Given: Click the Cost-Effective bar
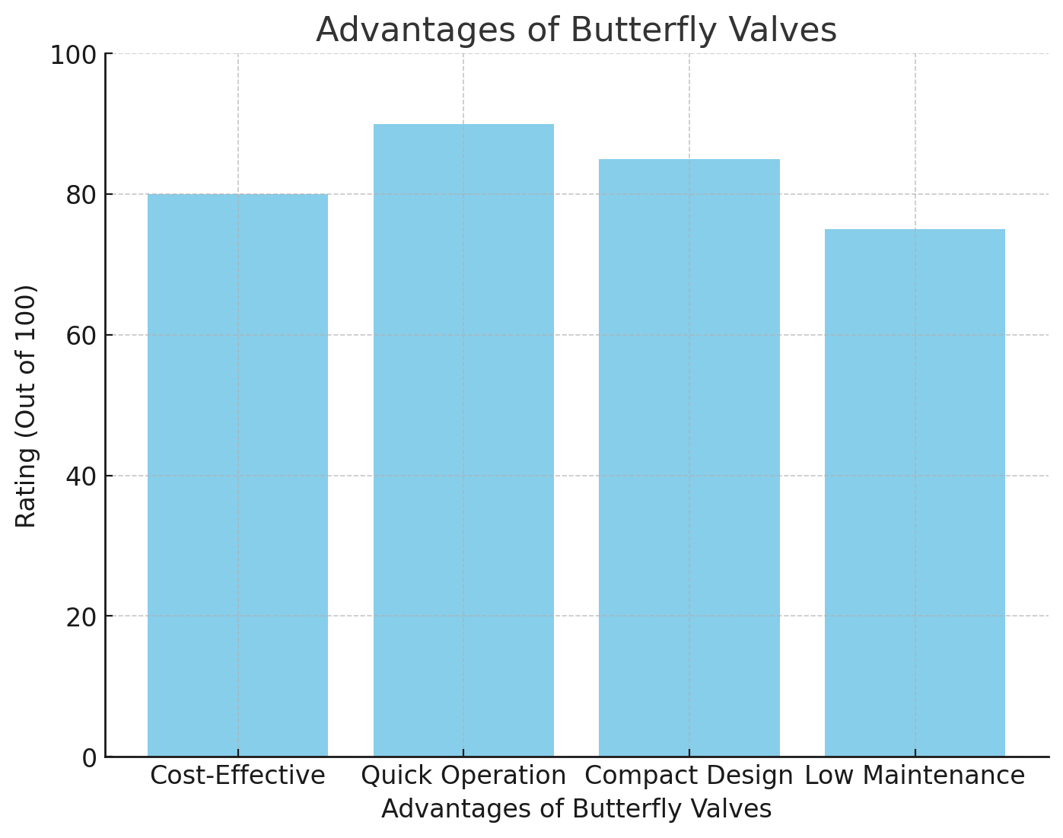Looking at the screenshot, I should coord(237,475).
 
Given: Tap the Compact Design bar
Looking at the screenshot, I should coord(689,457).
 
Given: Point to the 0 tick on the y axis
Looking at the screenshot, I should coord(90,758).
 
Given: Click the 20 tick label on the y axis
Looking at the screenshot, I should coord(81,617).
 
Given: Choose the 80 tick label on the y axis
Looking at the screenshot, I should coord(81,196).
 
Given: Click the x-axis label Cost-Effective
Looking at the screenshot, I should coord(237,776).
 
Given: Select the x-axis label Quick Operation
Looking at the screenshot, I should coord(463,776).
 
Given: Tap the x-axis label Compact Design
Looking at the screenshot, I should coord(689,776).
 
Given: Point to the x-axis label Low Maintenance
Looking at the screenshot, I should coord(915,776).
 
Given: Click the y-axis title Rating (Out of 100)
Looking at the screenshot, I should coord(27,406).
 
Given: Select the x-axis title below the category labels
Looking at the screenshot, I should coord(576,809).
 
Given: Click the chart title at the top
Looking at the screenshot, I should coord(576,30).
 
